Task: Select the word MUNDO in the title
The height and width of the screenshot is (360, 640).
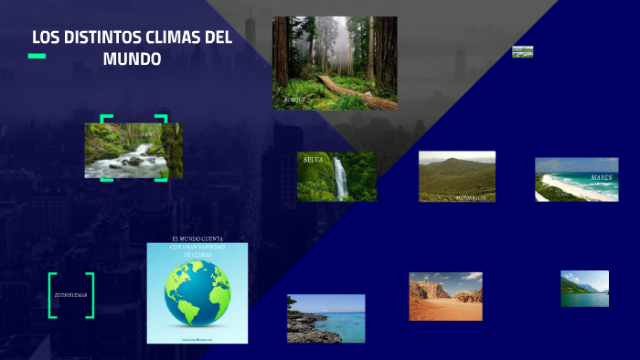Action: pyautogui.click(x=133, y=59)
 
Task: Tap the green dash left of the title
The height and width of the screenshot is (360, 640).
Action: pyautogui.click(x=37, y=57)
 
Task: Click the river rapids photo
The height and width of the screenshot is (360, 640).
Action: pyautogui.click(x=133, y=152)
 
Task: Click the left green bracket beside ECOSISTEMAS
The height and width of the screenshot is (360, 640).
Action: pyautogui.click(x=52, y=295)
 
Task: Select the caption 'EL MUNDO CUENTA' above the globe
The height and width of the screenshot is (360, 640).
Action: pyautogui.click(x=197, y=238)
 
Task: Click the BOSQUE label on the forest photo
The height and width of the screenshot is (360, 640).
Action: pyautogui.click(x=294, y=98)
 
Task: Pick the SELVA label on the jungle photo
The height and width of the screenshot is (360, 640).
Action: pyautogui.click(x=314, y=160)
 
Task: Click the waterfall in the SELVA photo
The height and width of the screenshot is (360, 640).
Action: pyautogui.click(x=341, y=178)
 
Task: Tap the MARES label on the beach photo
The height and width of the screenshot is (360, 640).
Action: pyautogui.click(x=601, y=177)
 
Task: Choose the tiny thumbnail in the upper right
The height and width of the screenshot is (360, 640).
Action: pyautogui.click(x=522, y=52)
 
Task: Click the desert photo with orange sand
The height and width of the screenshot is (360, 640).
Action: pyautogui.click(x=445, y=296)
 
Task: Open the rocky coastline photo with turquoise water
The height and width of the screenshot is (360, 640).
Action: pyautogui.click(x=325, y=318)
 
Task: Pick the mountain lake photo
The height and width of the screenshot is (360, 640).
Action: pyautogui.click(x=584, y=288)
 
